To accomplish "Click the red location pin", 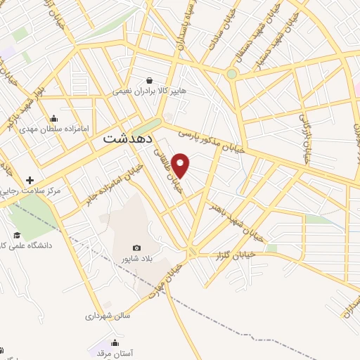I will [x=181, y=166].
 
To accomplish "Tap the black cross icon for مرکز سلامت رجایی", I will [x=30, y=180].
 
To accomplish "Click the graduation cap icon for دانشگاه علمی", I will [x=16, y=235].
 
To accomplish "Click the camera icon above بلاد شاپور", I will [x=136, y=247].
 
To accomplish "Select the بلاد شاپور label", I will [x=137, y=259].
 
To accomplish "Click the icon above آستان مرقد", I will [x=115, y=343].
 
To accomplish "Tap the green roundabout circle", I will [x=231, y=73].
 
